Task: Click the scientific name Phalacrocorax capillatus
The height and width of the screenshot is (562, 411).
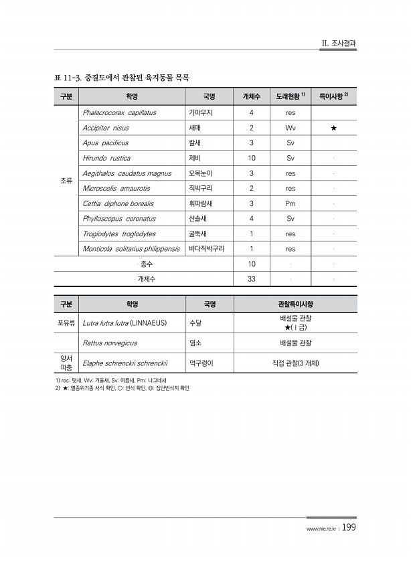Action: (119, 112)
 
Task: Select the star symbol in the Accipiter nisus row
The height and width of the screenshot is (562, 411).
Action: (333, 128)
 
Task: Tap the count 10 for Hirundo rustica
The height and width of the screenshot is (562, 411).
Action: (252, 159)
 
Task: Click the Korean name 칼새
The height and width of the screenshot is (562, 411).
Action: (196, 143)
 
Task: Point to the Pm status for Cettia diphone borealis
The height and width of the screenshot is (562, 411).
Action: (290, 203)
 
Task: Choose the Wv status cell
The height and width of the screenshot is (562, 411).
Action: (290, 128)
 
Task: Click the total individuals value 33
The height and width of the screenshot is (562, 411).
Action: (252, 278)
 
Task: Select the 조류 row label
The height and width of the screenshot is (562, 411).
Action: (66, 181)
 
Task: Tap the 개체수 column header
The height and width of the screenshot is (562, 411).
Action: (252, 96)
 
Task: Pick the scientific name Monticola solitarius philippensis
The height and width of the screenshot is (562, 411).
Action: (131, 249)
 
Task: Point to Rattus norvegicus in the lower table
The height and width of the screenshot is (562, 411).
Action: (110, 343)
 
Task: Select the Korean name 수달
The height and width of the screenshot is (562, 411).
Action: (196, 323)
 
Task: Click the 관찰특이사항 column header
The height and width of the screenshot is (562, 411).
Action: (295, 304)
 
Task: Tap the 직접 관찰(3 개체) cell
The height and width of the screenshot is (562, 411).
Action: (295, 363)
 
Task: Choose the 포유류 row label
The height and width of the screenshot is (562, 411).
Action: (66, 323)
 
